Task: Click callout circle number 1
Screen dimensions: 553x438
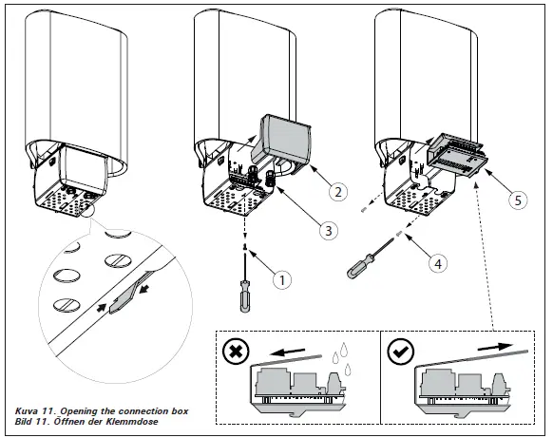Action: [x=282, y=280]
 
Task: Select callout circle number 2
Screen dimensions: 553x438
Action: [x=338, y=192]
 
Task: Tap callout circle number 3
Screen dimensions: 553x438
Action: [x=328, y=231]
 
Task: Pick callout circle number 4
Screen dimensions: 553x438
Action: [x=438, y=264]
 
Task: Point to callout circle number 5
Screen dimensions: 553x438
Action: [x=518, y=200]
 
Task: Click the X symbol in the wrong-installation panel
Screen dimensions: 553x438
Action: [x=236, y=352]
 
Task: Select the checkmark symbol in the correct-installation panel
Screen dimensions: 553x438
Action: [x=400, y=352]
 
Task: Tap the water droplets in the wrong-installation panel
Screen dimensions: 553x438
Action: [x=339, y=357]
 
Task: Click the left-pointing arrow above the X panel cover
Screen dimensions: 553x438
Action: [x=287, y=352]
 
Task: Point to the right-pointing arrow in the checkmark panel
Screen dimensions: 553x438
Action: [x=495, y=346]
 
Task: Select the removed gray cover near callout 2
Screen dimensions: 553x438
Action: [x=281, y=141]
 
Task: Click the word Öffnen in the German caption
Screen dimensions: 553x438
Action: [x=69, y=422]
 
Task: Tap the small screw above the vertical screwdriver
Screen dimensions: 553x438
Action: [x=244, y=247]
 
